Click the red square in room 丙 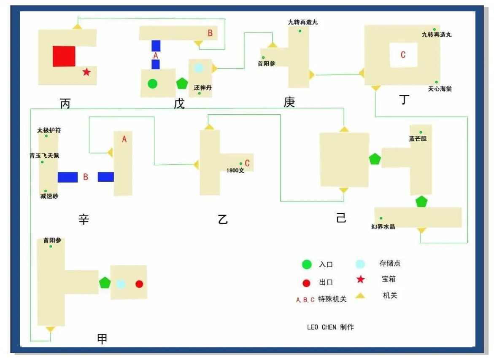(64, 56)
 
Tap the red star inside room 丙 (86, 72)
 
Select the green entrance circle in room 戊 (152, 84)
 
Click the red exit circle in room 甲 (139, 284)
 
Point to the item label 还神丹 (203, 88)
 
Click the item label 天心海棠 (440, 89)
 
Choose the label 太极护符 (49, 130)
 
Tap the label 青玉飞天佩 (44, 156)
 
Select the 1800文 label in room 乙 (235, 170)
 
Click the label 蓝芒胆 (418, 138)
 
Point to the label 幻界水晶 (383, 226)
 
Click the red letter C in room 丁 (403, 55)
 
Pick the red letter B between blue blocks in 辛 (86, 177)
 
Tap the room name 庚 (289, 102)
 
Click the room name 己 (341, 218)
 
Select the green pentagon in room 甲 (105, 282)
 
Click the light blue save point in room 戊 (198, 67)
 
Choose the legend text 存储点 (390, 263)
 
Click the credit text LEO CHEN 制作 (330, 327)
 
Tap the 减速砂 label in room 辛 (49, 196)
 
